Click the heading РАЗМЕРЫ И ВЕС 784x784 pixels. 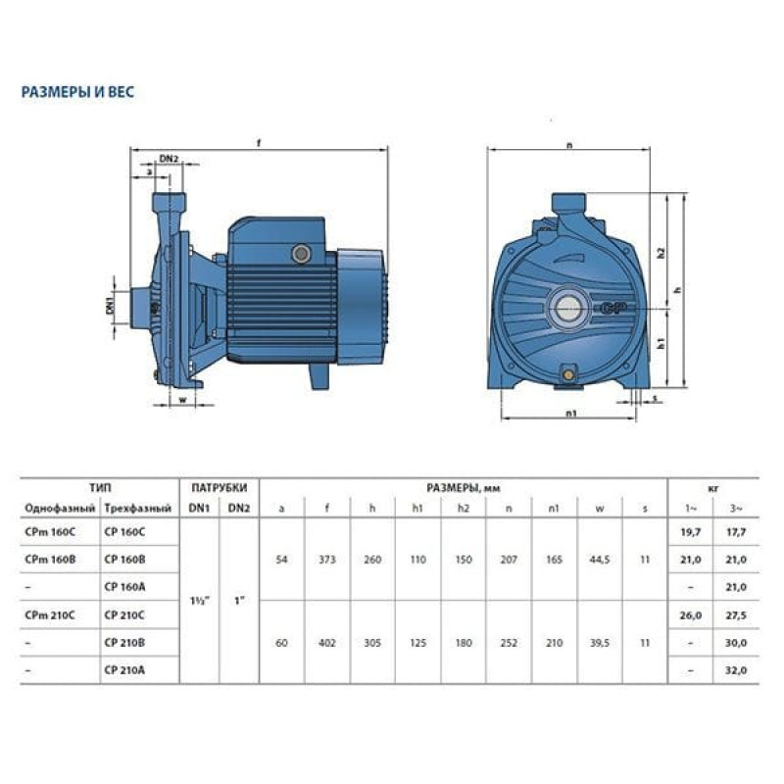coord(77,92)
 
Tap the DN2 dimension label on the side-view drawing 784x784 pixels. coord(169,159)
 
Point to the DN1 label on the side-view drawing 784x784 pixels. coord(110,305)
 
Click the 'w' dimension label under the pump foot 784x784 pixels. coord(182,400)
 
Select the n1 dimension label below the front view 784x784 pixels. coord(570,413)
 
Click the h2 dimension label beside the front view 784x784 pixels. coord(661,253)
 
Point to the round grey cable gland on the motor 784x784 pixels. coord(301,254)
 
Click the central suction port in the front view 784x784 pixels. coord(568,308)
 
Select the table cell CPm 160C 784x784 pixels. coord(50,532)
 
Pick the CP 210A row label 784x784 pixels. coord(124,670)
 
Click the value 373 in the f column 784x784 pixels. coord(327,560)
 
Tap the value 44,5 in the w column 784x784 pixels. coord(600,560)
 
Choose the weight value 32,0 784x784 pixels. coord(736,670)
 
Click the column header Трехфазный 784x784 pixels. coord(138,509)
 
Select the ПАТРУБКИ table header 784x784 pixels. coord(219,487)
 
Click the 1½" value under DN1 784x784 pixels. coord(200,601)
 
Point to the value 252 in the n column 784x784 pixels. coord(509,643)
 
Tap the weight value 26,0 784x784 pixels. coord(691,615)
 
